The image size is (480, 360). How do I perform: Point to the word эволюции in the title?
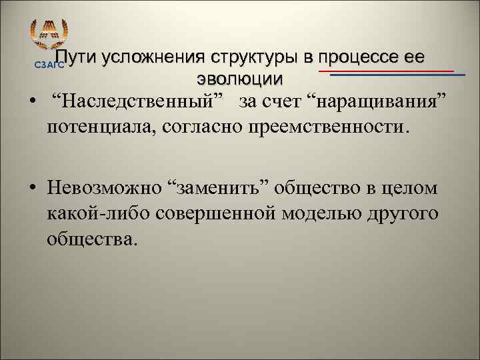[x=240, y=77]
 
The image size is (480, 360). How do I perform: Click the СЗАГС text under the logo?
[x=46, y=65]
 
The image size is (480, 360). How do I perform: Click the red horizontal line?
[x=386, y=70]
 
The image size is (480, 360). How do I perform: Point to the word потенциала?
[x=99, y=126]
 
